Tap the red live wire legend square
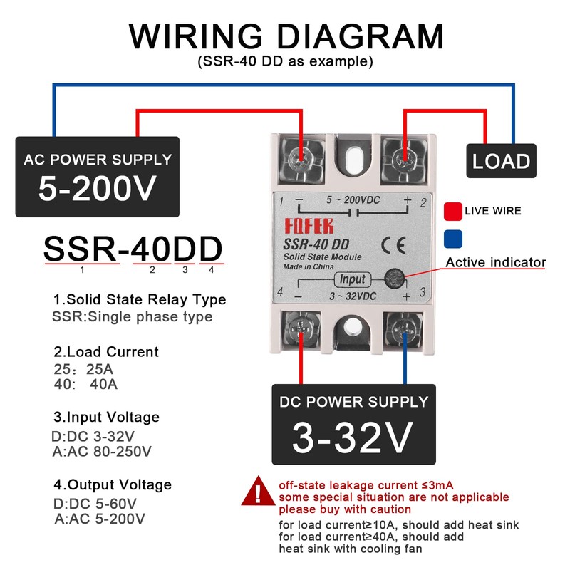(x=452, y=211)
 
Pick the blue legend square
(x=452, y=237)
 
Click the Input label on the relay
(x=352, y=279)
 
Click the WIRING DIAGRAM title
(x=286, y=36)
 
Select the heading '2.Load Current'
(x=106, y=352)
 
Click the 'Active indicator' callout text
(x=496, y=262)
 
